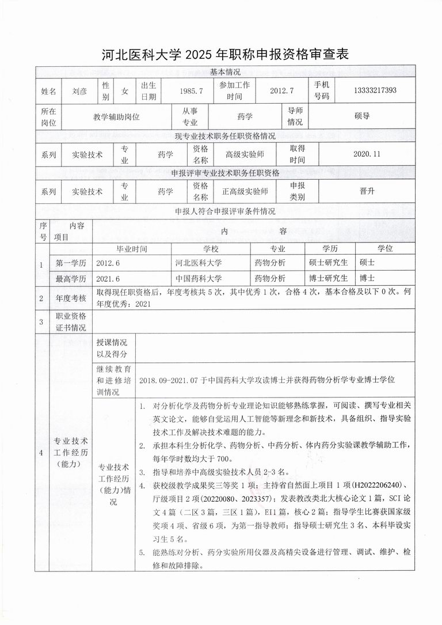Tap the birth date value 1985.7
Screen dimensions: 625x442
[188, 91]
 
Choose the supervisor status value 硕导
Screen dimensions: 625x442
[362, 116]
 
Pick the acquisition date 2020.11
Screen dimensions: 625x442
[367, 154]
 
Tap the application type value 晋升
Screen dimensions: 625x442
[367, 191]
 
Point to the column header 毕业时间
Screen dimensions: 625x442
[132, 249]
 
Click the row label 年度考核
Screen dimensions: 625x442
[70, 298]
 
